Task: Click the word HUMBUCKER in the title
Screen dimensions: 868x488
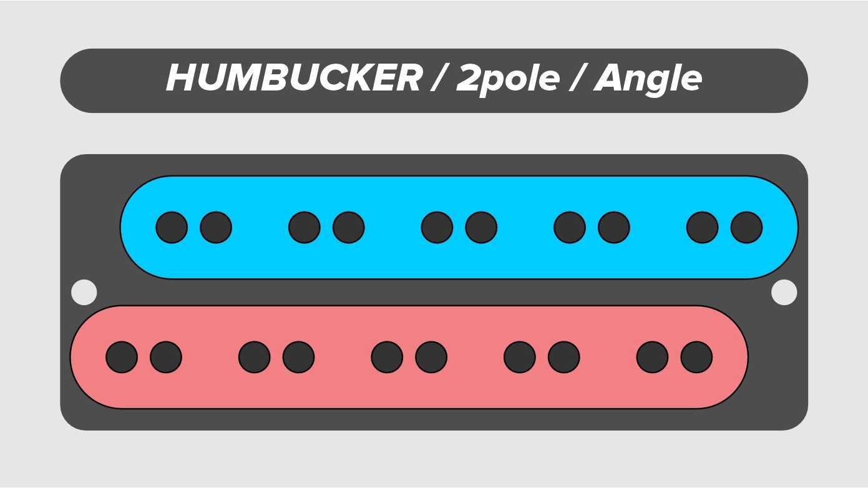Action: tap(294, 77)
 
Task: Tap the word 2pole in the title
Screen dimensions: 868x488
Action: tap(507, 79)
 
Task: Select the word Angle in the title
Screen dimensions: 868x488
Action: tap(648, 79)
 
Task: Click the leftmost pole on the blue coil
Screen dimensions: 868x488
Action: tap(172, 228)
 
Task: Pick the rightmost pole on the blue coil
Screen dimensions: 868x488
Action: tap(747, 228)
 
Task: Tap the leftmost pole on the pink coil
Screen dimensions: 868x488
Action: tap(122, 358)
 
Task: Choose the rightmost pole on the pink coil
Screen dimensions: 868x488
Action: tap(697, 358)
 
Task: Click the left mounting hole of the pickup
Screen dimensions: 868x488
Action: tap(84, 292)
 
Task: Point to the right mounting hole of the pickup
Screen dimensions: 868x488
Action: tap(784, 292)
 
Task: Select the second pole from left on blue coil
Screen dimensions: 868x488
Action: tap(216, 228)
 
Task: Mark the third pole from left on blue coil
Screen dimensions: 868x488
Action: tap(305, 228)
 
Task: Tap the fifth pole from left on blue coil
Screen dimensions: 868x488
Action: tap(437, 228)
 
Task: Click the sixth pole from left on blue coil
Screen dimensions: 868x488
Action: tap(481, 228)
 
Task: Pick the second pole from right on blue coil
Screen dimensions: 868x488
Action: tap(703, 228)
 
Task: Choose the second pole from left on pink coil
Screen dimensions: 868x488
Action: tap(166, 358)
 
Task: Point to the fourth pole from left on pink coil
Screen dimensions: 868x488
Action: tap(298, 358)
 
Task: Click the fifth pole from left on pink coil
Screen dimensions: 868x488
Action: tap(387, 358)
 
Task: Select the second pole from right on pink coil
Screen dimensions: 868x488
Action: tap(653, 358)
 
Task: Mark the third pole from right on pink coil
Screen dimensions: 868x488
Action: tap(564, 358)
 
